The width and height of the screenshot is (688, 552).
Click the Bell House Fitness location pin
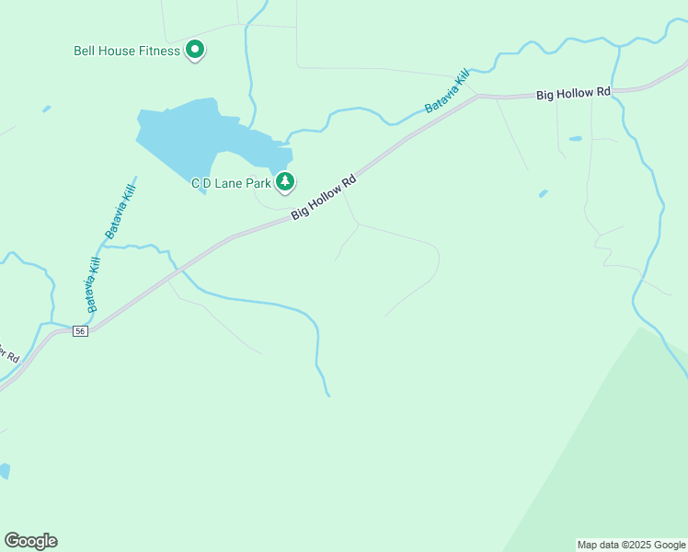(195, 49)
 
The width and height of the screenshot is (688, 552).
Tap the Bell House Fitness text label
(127, 51)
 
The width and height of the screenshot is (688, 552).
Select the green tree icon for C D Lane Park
(285, 182)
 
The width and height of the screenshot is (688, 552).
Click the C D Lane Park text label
(231, 183)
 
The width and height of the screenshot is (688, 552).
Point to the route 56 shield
(81, 331)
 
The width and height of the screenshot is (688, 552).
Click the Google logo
(30, 541)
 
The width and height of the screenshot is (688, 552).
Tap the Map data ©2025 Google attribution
(631, 545)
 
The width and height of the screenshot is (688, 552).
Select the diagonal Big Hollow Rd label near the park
(323, 198)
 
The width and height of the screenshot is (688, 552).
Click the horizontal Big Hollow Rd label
(574, 93)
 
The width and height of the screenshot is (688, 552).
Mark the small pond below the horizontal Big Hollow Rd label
(575, 139)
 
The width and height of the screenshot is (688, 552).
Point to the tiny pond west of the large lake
(46, 109)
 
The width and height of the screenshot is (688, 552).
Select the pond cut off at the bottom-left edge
(4, 471)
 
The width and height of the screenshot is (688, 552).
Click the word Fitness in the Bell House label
(160, 51)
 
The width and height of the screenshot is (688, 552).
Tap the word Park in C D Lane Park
(258, 183)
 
